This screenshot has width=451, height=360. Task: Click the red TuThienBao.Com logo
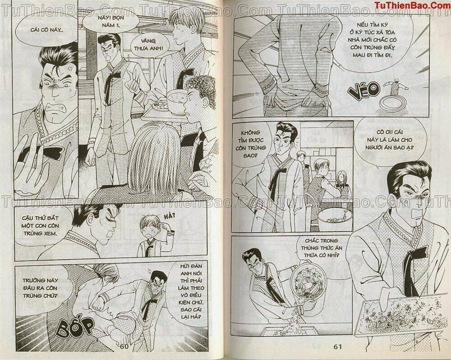click(409, 5)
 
